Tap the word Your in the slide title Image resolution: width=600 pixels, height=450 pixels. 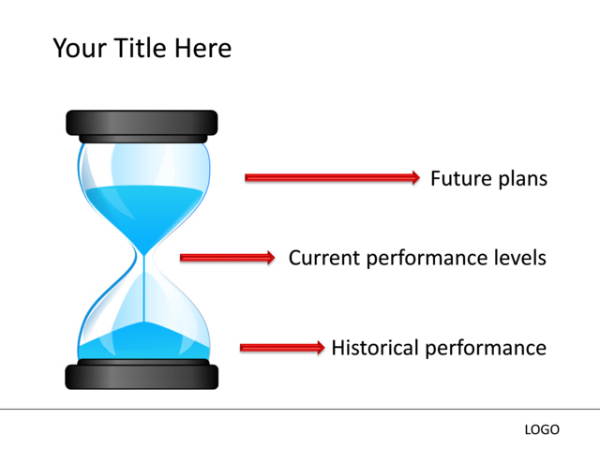79,48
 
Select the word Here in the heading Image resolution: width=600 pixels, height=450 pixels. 202,48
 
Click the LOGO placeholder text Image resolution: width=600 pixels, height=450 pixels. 542,429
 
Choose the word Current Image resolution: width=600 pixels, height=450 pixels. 322,258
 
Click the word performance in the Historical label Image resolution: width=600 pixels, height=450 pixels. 486,349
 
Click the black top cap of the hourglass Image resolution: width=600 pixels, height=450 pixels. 142,123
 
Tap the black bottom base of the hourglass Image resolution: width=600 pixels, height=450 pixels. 142,376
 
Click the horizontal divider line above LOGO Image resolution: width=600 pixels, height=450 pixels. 300,409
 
